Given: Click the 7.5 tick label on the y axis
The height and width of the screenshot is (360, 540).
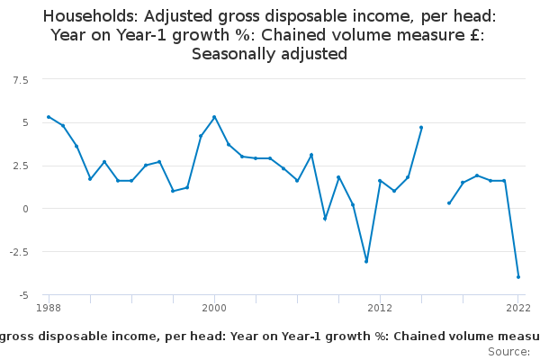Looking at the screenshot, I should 21,80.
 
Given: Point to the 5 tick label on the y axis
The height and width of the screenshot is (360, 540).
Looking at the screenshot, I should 25,122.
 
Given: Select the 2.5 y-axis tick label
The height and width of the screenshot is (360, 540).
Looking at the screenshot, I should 21,166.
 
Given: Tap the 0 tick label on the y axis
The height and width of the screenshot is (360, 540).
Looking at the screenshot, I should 25,209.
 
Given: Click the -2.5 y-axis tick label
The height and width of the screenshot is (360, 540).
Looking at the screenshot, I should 19,252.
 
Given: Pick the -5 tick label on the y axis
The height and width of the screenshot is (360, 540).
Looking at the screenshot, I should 23,295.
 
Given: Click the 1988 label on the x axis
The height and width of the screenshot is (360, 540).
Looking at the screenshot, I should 49,309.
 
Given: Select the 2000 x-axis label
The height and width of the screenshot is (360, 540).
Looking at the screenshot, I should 214,309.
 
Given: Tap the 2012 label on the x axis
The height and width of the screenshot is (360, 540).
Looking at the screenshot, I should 380,309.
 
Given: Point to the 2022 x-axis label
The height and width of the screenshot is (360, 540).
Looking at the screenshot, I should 518,309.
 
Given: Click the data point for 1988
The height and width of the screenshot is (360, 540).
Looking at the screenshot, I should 49,117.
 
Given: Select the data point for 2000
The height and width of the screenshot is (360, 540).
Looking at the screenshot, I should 214,117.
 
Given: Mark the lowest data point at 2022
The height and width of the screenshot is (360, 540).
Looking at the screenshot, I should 518,277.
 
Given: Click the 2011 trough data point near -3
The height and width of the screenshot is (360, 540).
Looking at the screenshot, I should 366,262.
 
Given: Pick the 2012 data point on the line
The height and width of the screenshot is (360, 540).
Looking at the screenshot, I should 380,181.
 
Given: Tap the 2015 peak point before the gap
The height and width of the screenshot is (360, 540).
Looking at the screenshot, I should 421,127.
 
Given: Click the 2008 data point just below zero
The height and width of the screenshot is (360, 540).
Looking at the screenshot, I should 325,219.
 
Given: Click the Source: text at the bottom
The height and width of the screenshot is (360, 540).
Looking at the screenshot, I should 508,351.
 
